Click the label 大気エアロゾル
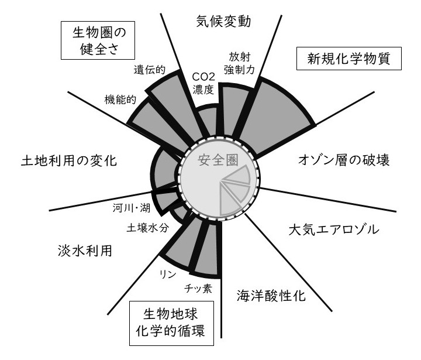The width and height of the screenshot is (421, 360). tap(334, 228)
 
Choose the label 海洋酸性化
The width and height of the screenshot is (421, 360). tap(271, 294)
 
